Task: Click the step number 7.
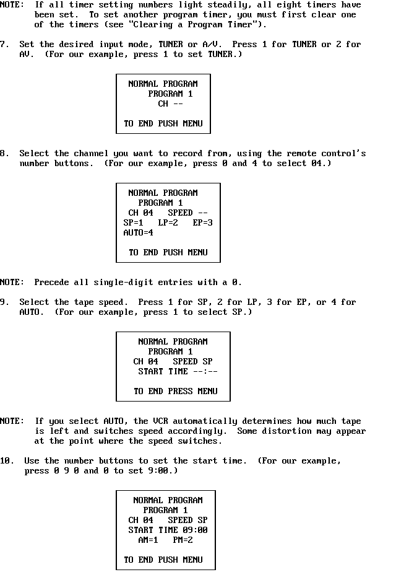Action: pos(4,45)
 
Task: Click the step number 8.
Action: pos(4,153)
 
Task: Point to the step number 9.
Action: pos(4,302)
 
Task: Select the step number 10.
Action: pos(7,461)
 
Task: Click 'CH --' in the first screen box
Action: pos(171,103)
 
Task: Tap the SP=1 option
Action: pos(134,222)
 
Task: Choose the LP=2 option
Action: pos(168,222)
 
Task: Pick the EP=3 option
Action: pos(203,222)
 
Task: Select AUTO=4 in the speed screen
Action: pos(138,233)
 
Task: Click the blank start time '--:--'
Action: pos(205,372)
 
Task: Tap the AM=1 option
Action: pos(148,540)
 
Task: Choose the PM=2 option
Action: pos(183,540)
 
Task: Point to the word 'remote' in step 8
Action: pos(301,153)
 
